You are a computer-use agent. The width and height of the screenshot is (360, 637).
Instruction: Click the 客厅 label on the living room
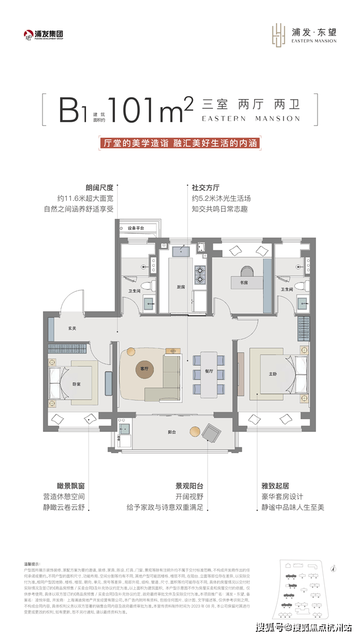(144, 369)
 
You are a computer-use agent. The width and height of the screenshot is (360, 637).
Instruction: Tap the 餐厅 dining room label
(209, 371)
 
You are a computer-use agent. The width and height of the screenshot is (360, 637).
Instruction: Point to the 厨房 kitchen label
(181, 287)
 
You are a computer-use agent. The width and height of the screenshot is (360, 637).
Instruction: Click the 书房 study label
(243, 282)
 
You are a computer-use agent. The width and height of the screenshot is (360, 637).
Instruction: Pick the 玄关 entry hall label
(72, 327)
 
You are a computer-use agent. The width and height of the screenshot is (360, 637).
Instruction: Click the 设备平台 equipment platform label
(136, 228)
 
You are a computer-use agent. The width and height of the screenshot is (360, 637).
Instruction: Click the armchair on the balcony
(213, 433)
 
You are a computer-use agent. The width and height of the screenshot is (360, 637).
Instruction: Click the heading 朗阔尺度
(99, 186)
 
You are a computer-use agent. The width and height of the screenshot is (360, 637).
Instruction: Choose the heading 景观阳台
(191, 485)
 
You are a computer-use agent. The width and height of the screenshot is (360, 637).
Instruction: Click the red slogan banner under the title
(177, 143)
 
